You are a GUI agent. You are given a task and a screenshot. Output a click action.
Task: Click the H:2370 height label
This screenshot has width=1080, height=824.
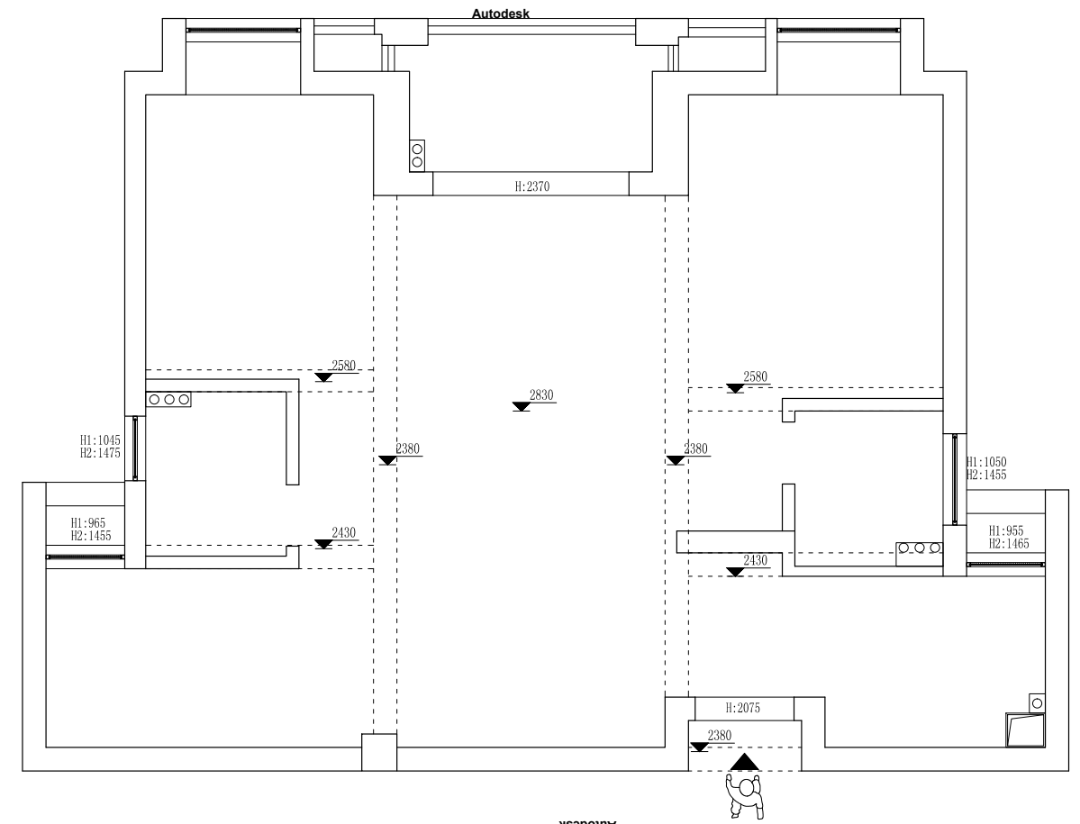point(531,186)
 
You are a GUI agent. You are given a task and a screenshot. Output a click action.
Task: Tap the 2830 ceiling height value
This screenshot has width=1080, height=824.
point(542,394)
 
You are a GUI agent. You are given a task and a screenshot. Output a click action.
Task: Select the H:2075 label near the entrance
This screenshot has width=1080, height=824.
point(743,708)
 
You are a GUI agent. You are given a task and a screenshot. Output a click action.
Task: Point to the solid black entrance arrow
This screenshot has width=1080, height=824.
point(744,764)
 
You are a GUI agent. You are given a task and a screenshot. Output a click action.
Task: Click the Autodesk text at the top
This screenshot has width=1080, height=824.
point(502,14)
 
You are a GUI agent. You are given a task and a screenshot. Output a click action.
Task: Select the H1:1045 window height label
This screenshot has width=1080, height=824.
point(100,441)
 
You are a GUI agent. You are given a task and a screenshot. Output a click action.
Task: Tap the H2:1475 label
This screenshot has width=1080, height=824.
point(100,453)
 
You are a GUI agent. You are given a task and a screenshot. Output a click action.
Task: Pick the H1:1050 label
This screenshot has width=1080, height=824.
point(986,462)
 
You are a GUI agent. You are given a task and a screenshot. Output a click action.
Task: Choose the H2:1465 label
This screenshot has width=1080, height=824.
point(1009,544)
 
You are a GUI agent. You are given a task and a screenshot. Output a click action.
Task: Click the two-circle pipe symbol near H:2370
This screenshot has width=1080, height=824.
point(417,155)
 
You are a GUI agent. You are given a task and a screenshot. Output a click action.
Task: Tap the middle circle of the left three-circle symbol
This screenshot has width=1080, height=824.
point(169,399)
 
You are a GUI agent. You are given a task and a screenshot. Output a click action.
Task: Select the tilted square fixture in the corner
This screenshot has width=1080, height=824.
point(1025,729)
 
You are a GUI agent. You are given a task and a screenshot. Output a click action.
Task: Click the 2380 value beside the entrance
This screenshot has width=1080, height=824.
point(720,736)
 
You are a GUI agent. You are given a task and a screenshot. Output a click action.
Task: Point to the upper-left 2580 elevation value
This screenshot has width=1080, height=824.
point(344,365)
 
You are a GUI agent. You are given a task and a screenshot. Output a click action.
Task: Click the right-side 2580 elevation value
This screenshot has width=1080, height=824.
point(756,376)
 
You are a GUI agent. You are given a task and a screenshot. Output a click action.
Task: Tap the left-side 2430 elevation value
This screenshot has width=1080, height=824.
point(344,533)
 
